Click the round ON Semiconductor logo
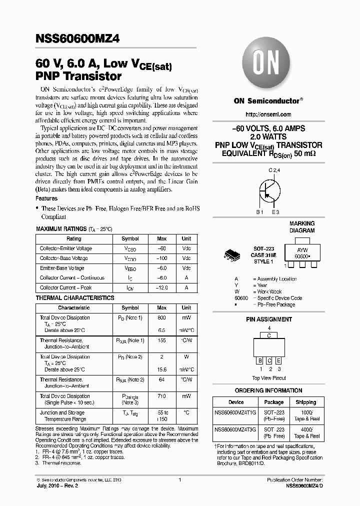coord(268,65)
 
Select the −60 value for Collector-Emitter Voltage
coord(161,248)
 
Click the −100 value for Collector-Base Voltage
coord(161,258)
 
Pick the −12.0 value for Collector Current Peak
coord(161,287)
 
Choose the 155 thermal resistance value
coord(161,340)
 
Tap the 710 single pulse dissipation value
coord(161,396)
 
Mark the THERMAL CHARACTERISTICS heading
coord(75,298)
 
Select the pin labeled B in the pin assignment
coord(260,360)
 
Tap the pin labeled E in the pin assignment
coord(278,360)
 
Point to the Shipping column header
coord(305,402)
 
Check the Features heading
coord(47,198)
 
